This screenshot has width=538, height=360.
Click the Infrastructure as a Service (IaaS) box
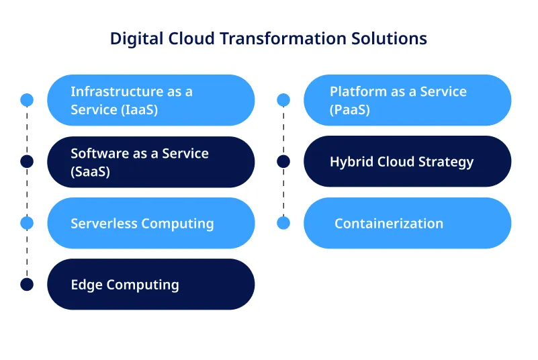pyautogui.click(x=150, y=100)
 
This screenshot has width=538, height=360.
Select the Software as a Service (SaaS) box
pyautogui.click(x=150, y=162)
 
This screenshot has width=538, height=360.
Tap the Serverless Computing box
pyautogui.click(x=150, y=223)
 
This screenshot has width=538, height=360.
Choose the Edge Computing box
pyautogui.click(x=150, y=284)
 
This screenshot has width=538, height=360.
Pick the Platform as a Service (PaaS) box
pyautogui.click(x=407, y=100)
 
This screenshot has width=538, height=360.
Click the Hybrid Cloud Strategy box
pyautogui.click(x=407, y=161)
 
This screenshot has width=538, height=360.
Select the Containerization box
pyautogui.click(x=407, y=223)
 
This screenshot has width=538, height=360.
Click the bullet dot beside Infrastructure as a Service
pyautogui.click(x=27, y=100)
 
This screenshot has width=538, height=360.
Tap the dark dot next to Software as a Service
pyautogui.click(x=27, y=161)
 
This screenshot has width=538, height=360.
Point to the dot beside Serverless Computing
pyautogui.click(x=27, y=222)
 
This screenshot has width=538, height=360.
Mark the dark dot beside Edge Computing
pyautogui.click(x=27, y=284)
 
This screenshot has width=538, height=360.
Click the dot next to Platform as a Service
pyautogui.click(x=283, y=100)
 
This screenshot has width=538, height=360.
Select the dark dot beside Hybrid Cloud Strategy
pyautogui.click(x=283, y=161)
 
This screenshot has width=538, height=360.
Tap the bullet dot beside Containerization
pyautogui.click(x=283, y=222)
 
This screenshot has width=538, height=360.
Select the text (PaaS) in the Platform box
pyautogui.click(x=349, y=109)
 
